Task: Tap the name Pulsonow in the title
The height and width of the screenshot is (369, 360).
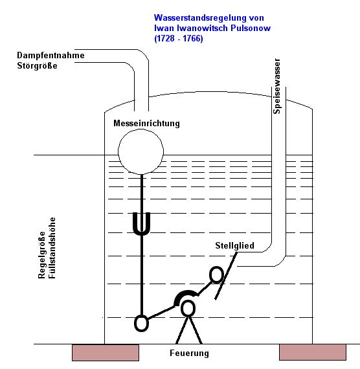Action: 251,28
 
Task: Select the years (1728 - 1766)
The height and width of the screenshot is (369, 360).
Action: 179,38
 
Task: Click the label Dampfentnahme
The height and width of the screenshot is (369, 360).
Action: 51,56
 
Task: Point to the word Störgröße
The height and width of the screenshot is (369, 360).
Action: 37,65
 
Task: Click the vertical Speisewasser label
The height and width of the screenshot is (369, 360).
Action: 276,86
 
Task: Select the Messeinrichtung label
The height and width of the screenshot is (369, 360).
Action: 146,123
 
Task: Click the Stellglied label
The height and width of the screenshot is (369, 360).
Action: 235,246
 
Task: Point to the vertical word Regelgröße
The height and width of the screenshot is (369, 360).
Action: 41,255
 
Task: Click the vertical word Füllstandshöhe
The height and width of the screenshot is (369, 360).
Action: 52,248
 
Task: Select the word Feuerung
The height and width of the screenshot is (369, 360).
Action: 189,353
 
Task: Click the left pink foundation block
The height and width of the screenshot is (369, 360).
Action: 106,353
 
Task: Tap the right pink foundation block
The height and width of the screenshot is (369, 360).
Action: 313,352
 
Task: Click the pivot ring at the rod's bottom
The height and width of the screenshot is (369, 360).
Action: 135,324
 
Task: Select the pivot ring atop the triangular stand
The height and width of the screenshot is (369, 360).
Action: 181,309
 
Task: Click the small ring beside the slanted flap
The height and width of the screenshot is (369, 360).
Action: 210,274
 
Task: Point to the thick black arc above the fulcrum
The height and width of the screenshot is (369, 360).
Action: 186,292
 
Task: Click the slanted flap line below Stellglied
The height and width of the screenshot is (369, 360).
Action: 225,276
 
